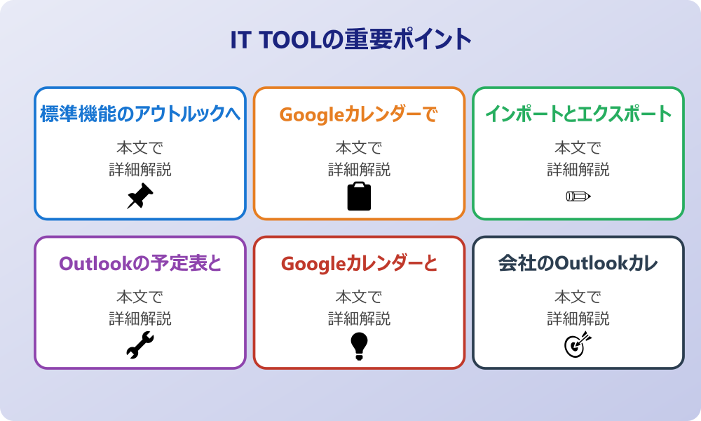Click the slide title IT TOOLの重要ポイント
pyautogui.click(x=350, y=40)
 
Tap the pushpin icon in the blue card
pyautogui.click(x=140, y=196)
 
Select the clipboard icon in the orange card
pyautogui.click(x=359, y=196)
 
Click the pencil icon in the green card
pyautogui.click(x=578, y=196)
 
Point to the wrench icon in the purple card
pyautogui.click(x=140, y=345)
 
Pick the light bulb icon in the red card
pyautogui.click(x=359, y=345)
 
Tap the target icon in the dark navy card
pyautogui.click(x=578, y=345)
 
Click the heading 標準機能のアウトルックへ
pyautogui.click(x=140, y=114)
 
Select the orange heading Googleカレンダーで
pyautogui.click(x=359, y=114)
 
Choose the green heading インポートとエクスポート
pyautogui.click(x=578, y=114)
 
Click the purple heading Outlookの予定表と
pyautogui.click(x=140, y=263)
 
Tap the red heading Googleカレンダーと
pyautogui.click(x=359, y=263)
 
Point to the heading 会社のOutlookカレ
pyautogui.click(x=578, y=263)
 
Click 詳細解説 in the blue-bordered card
pyautogui.click(x=140, y=169)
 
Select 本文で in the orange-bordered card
pyautogui.click(x=359, y=148)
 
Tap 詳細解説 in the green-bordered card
pyautogui.click(x=578, y=169)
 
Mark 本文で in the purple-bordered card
pyautogui.click(x=140, y=298)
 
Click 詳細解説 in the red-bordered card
pyautogui.click(x=359, y=319)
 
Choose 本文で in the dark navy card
pyautogui.click(x=578, y=298)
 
